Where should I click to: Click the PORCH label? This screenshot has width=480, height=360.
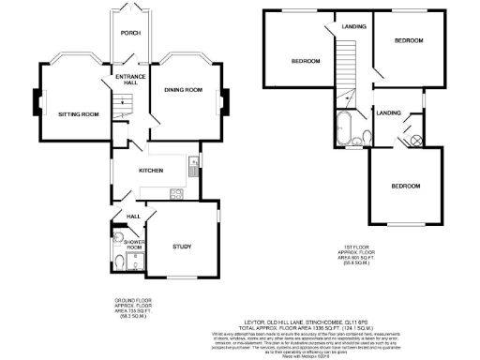pos(129,33)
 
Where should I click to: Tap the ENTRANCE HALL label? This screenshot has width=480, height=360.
pos(127,80)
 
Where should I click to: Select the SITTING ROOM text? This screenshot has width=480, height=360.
pos(78,114)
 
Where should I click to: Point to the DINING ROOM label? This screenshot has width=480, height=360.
pos(184,89)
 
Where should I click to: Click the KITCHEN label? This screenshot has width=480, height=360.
pos(152,171)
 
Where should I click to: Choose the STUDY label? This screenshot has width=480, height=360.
pos(182,247)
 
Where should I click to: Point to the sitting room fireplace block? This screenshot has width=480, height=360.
pos(38,101)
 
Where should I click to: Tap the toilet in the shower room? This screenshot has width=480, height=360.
pos(113,262)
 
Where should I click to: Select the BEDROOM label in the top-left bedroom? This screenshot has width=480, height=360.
pos(305,61)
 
